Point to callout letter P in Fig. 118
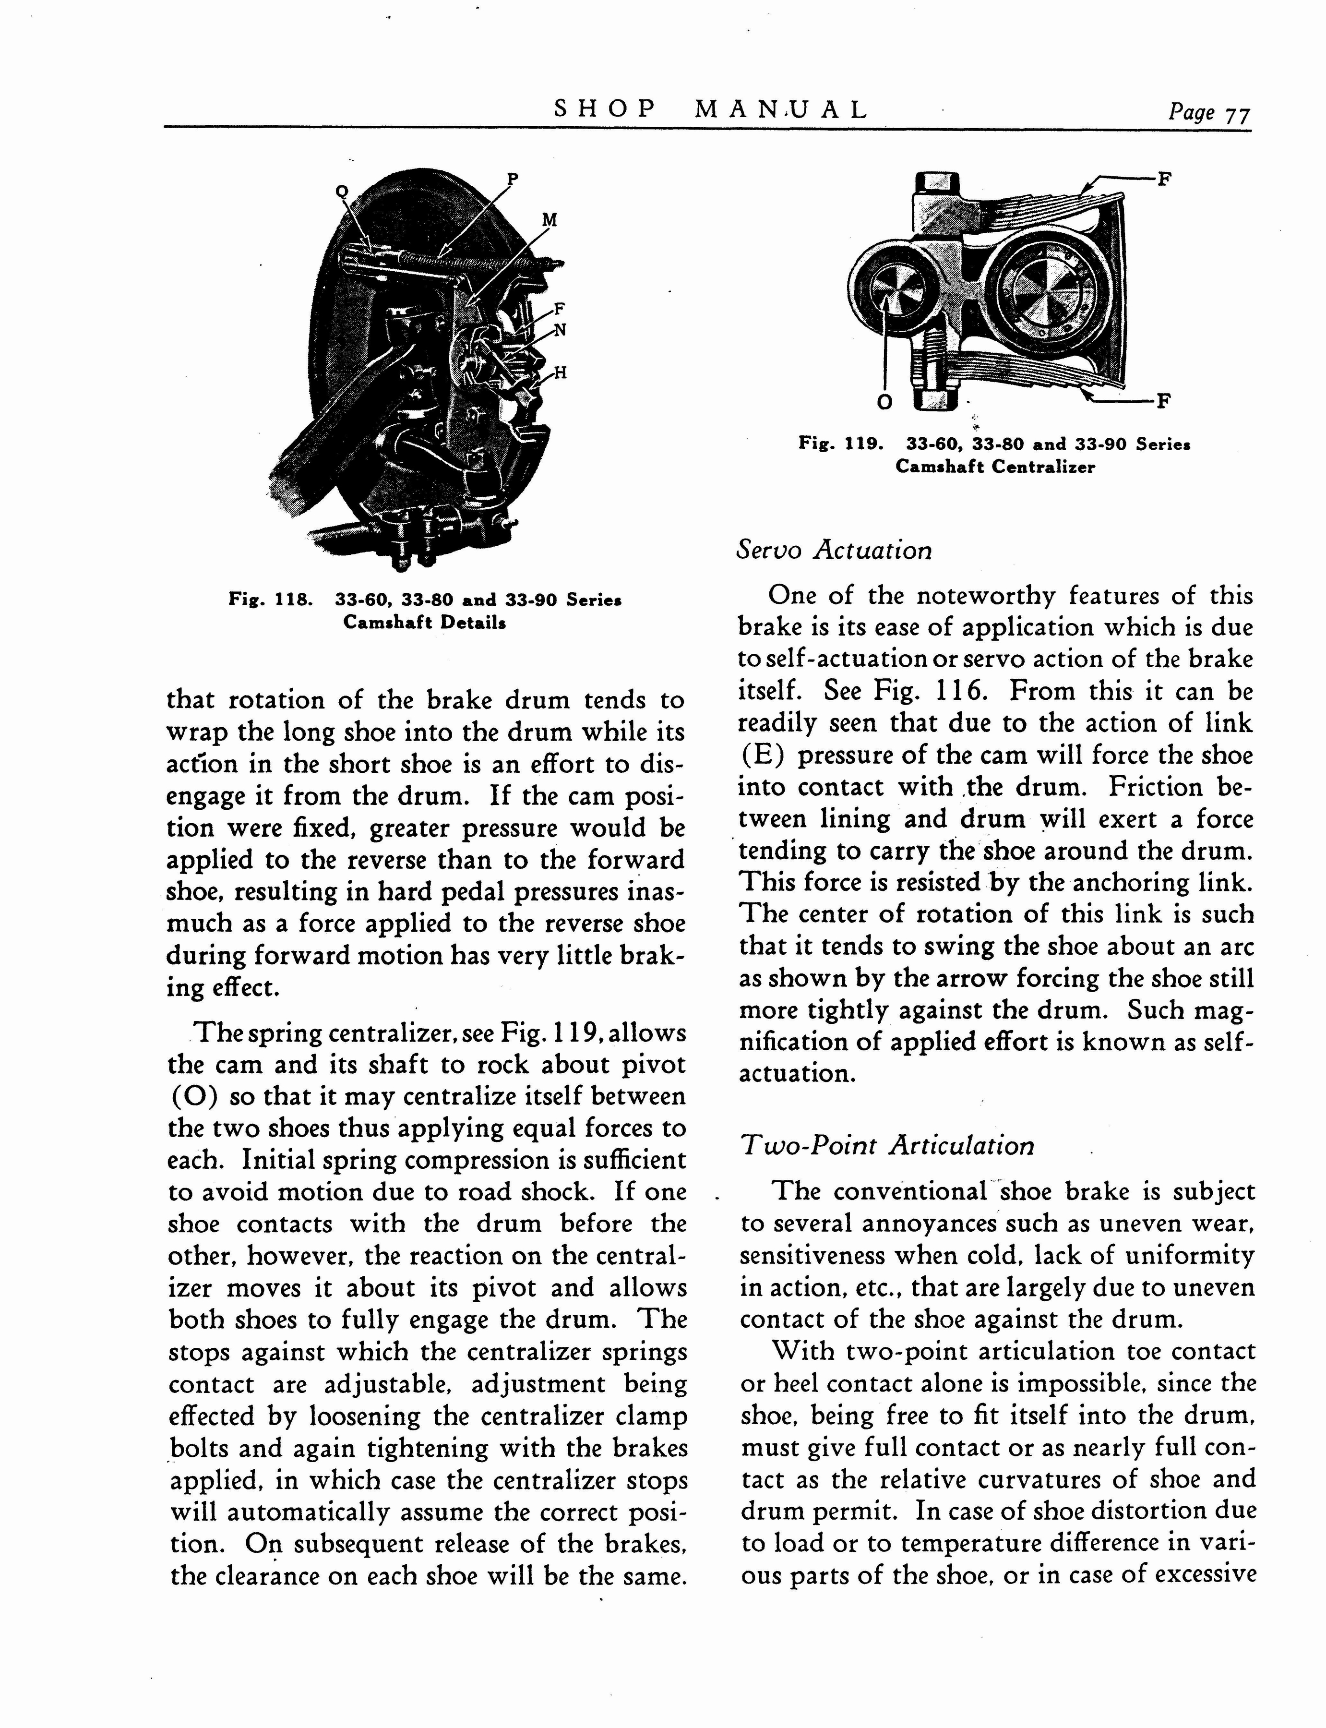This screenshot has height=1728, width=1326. tap(512, 179)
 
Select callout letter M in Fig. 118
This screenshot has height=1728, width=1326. tap(550, 220)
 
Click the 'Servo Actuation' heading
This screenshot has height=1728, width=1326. tap(834, 550)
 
